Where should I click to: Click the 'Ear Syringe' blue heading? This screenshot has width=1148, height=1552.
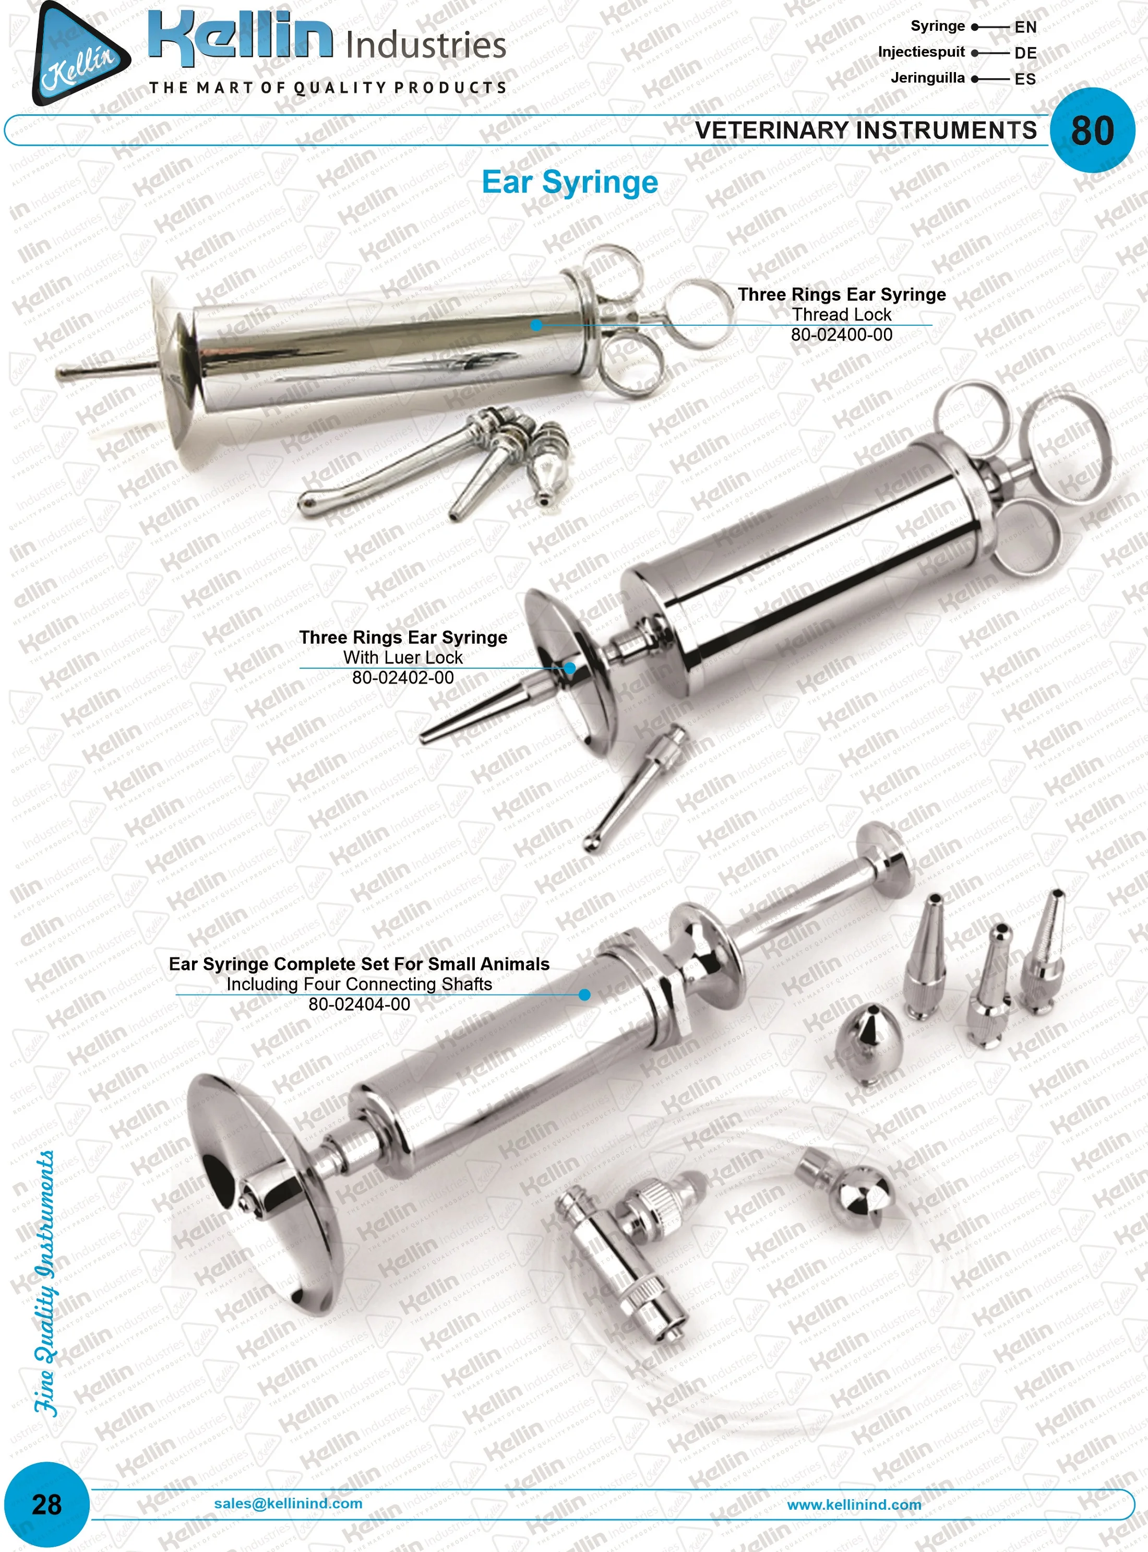click(x=570, y=183)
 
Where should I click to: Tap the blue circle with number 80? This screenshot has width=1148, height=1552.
click(x=1092, y=130)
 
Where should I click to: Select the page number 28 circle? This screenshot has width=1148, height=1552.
click(x=46, y=1504)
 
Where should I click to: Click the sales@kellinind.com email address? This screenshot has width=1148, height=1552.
click(x=288, y=1502)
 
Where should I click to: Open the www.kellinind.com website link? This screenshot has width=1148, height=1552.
click(x=854, y=1504)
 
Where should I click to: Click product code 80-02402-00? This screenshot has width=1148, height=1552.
click(x=403, y=678)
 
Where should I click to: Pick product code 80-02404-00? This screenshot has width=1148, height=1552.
click(x=359, y=1004)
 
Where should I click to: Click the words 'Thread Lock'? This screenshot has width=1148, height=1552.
click(x=842, y=315)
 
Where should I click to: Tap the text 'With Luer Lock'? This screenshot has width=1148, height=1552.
click(x=403, y=657)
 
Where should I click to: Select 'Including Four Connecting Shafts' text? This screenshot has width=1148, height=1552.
click(x=359, y=984)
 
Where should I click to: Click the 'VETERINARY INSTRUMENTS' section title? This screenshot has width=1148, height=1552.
click(x=866, y=131)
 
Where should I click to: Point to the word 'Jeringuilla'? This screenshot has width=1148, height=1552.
click(x=928, y=78)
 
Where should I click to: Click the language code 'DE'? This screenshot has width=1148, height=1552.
click(x=1025, y=53)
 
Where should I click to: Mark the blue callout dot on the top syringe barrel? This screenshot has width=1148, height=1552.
click(x=536, y=325)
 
